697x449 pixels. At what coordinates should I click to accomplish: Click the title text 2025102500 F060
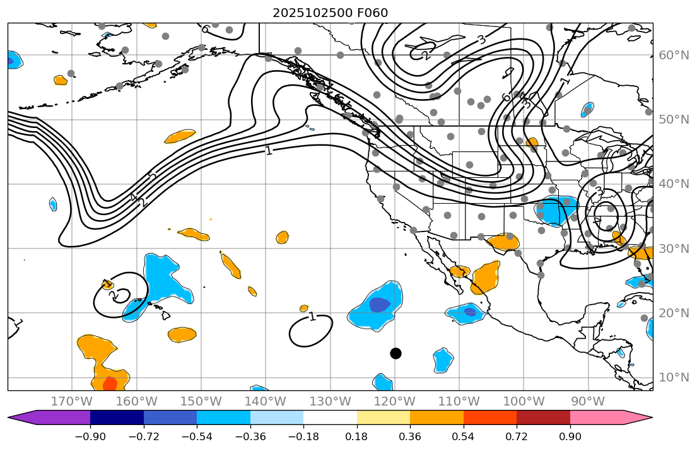click(x=330, y=13)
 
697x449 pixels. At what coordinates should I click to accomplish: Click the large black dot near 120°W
click(x=395, y=353)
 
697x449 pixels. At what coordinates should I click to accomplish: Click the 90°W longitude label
click(x=588, y=401)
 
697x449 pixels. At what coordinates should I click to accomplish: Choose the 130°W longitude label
click(x=331, y=401)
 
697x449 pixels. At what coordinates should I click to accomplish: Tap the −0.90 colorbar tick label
click(x=90, y=436)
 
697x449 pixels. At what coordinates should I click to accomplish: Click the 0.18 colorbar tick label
click(x=357, y=436)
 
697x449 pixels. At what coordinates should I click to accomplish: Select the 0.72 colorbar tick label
click(x=517, y=436)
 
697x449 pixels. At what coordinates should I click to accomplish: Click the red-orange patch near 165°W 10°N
click(x=110, y=383)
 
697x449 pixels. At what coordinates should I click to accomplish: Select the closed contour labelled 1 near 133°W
click(x=311, y=330)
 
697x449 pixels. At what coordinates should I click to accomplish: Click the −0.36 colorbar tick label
click(x=250, y=436)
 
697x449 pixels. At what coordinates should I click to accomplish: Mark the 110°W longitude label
click(x=459, y=401)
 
